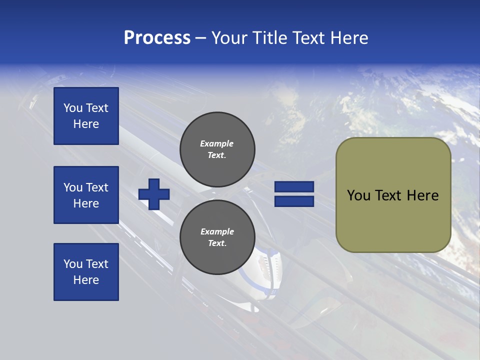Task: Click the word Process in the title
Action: tap(157, 38)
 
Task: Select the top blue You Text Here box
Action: tap(86, 116)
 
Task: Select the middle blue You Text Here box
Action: tap(86, 195)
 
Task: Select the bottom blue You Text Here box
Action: tap(86, 272)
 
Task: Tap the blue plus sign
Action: tap(154, 194)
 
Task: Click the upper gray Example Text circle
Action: tap(217, 149)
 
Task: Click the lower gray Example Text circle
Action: tap(217, 237)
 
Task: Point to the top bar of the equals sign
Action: tap(294, 187)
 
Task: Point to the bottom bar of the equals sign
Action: tap(294, 201)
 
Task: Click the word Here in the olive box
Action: tap(423, 195)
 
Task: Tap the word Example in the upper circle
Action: tap(216, 143)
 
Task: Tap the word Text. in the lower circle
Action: tap(217, 243)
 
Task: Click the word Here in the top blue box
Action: tap(86, 124)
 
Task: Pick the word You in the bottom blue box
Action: tap(73, 264)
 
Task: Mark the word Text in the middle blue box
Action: tap(97, 187)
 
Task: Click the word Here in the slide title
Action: tap(349, 38)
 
